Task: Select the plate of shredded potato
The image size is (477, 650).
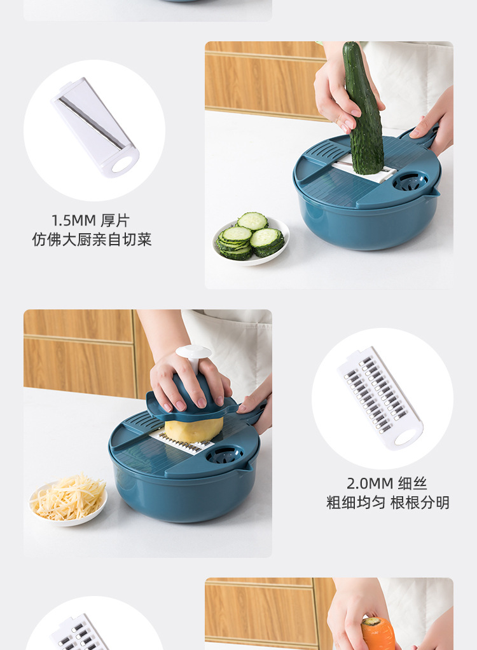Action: tap(69, 499)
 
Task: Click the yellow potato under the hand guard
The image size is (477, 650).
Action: tap(193, 429)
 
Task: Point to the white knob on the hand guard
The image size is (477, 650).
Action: tap(193, 352)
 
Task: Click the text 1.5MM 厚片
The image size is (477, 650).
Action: tap(90, 220)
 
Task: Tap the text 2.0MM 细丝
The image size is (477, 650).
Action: tap(387, 483)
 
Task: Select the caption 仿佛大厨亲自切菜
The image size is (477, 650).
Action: tap(92, 240)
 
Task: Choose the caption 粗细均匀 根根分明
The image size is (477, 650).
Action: tap(388, 503)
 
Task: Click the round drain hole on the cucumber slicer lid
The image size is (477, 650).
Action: tap(410, 182)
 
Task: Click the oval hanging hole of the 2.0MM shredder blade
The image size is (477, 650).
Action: tap(408, 437)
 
